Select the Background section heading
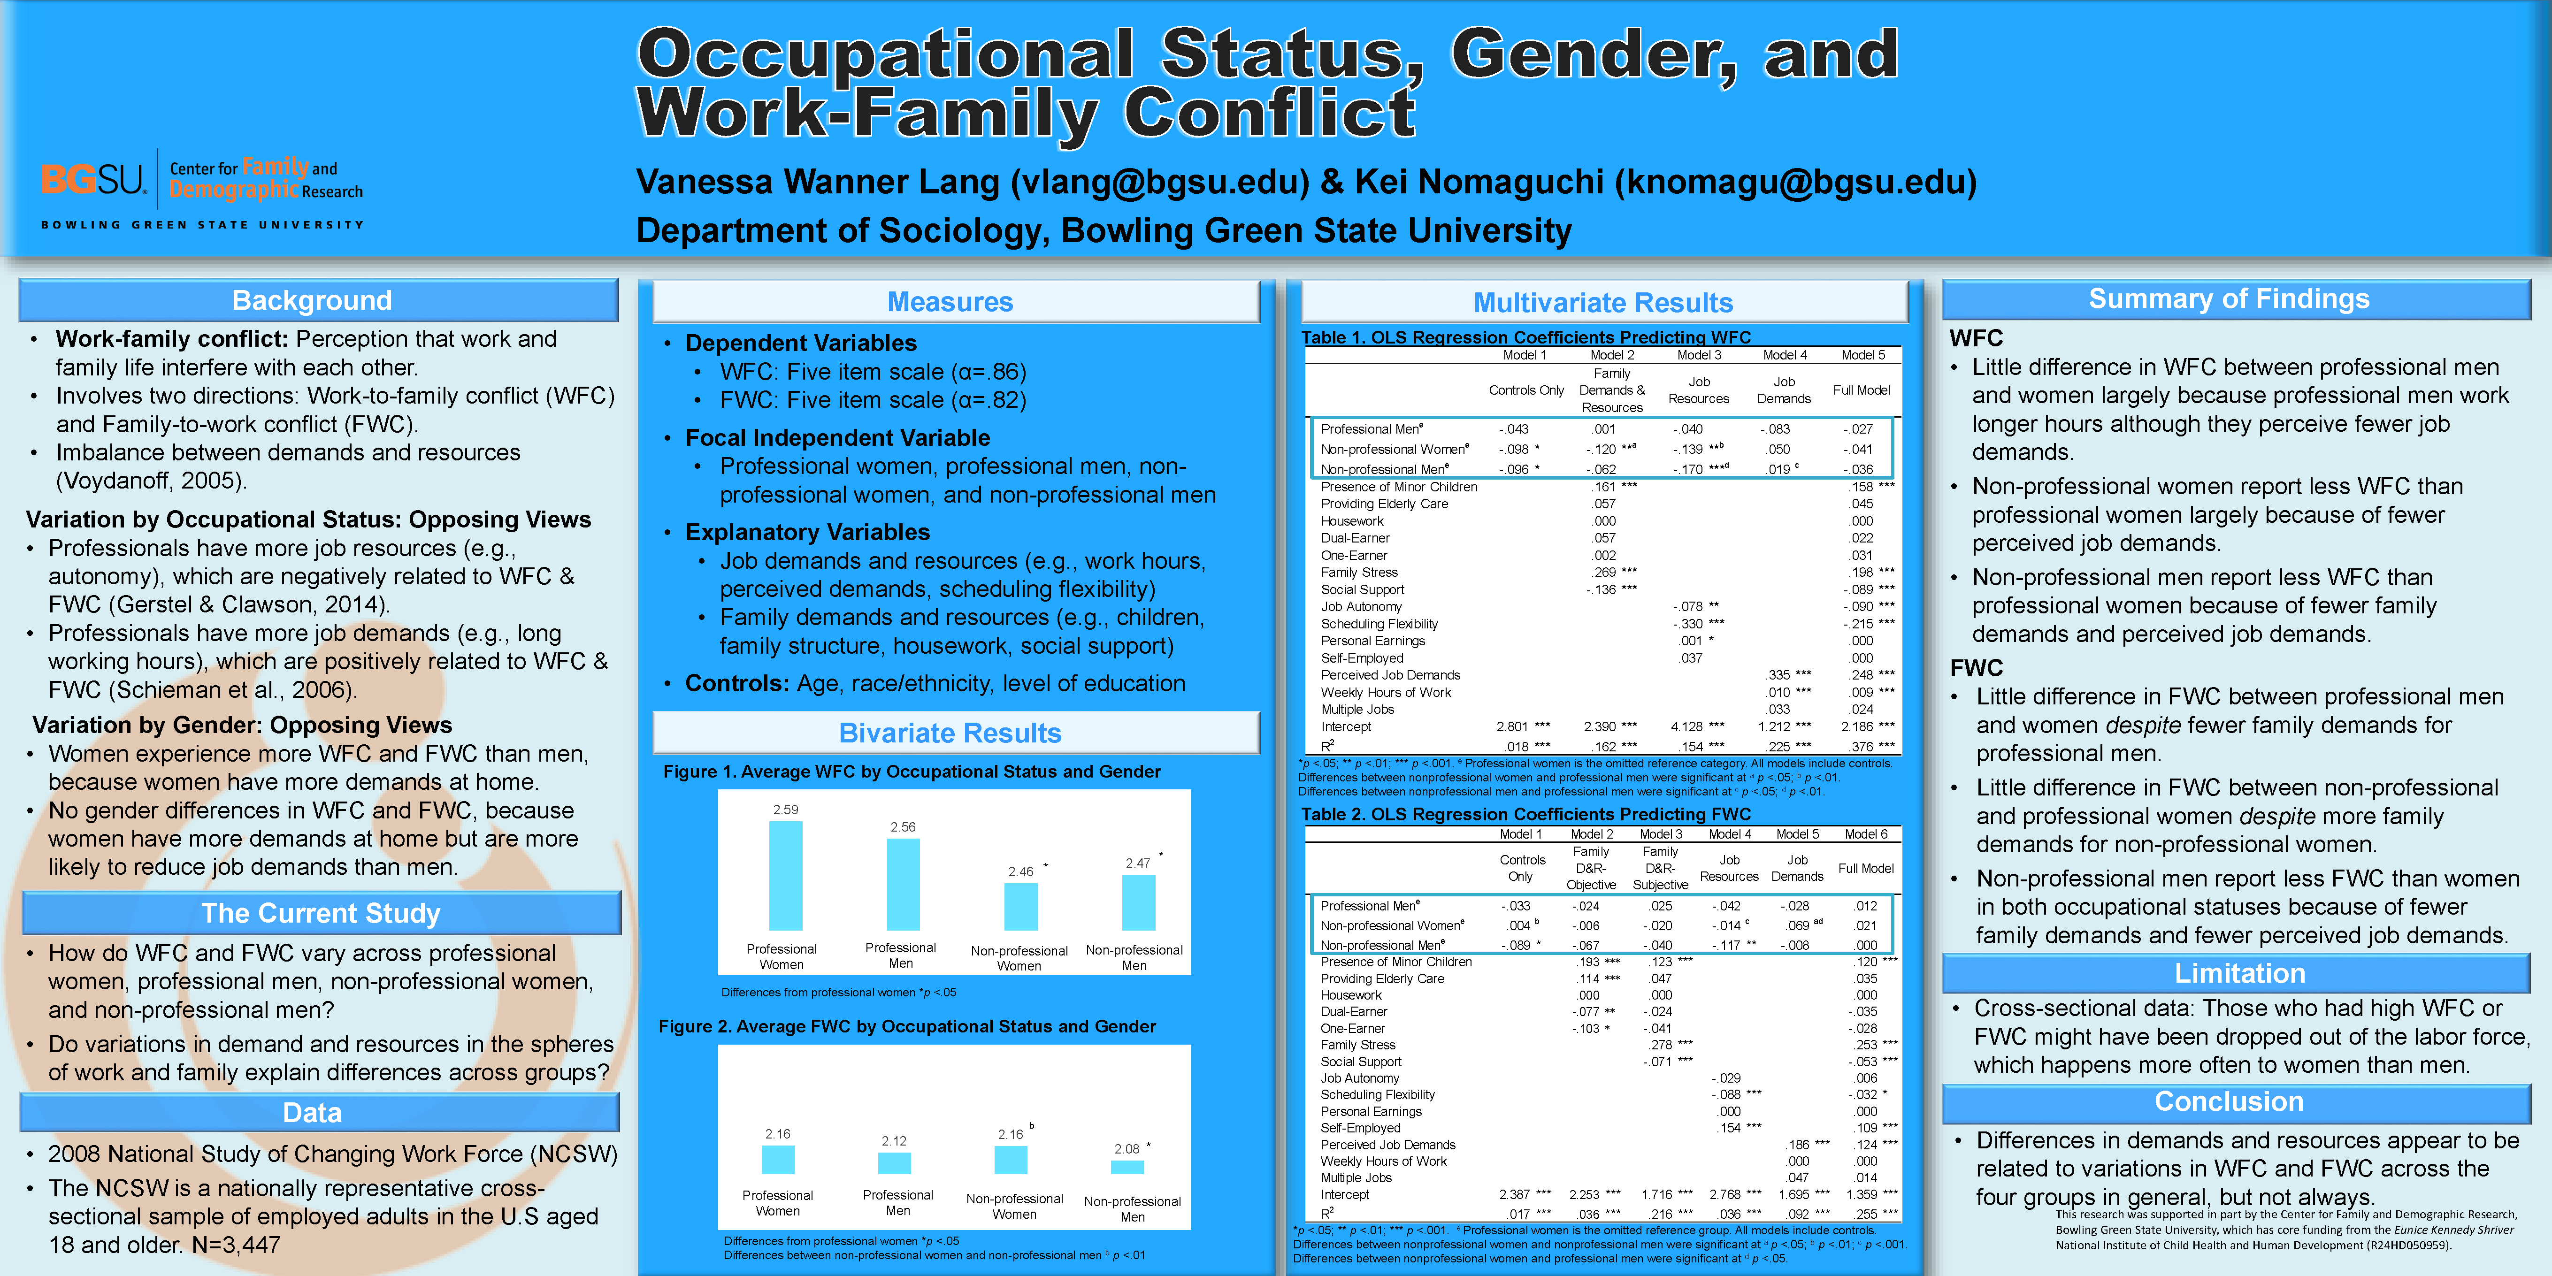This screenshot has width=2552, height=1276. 312,300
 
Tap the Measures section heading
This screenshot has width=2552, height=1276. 950,301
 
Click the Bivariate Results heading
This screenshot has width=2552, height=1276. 950,733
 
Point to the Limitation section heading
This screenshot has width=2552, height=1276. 2239,974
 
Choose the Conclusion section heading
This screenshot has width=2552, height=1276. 2229,1101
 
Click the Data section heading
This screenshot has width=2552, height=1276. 312,1113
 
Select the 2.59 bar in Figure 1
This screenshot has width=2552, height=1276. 786,876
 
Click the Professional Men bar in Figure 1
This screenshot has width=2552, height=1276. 903,884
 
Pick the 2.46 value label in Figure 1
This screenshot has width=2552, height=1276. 1020,872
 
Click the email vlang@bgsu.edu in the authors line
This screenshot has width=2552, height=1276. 1154,182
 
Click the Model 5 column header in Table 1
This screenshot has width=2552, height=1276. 1862,355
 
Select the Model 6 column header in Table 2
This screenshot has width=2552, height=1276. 1866,834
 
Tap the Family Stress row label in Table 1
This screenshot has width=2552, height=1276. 1359,573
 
